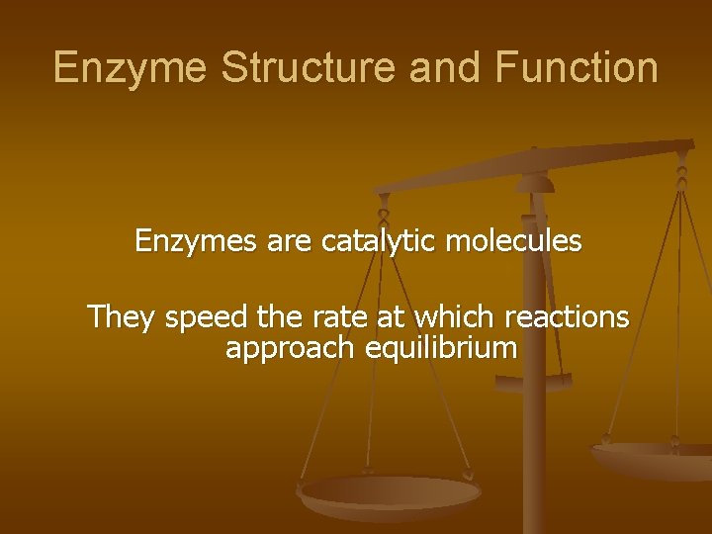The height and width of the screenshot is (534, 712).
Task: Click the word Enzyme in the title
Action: click(131, 68)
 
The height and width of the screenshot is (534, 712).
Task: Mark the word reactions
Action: click(566, 316)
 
